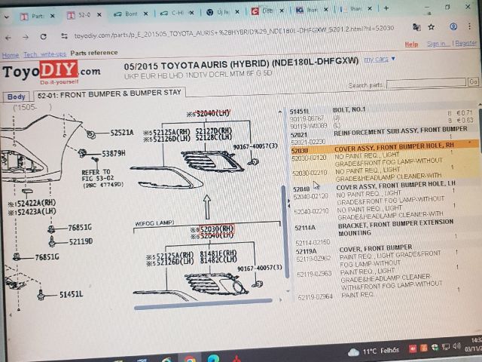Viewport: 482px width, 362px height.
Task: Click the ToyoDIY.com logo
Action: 51,73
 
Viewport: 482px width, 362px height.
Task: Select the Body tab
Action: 16,97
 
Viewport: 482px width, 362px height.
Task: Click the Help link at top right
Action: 411,44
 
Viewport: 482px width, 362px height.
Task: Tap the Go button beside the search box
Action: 473,81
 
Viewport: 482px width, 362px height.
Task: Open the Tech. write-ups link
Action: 44,54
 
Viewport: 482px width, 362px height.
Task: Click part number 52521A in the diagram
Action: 121,133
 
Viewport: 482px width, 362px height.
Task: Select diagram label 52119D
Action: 80,241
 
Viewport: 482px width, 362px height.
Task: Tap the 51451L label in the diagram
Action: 72,294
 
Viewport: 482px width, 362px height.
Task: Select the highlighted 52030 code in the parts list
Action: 300,150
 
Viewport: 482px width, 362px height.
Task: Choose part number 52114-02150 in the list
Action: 311,241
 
